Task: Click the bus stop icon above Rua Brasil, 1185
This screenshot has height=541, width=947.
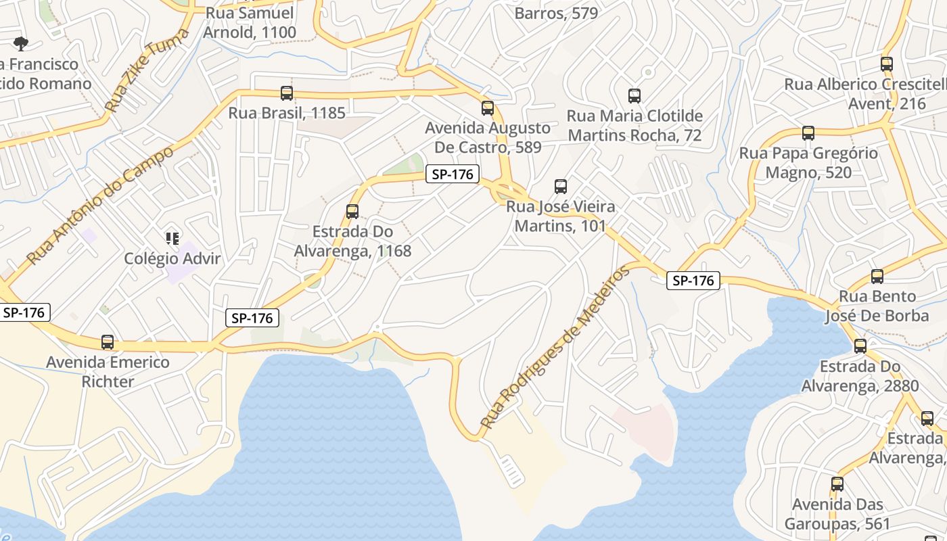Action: [287, 93]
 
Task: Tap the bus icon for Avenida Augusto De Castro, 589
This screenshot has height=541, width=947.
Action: [487, 108]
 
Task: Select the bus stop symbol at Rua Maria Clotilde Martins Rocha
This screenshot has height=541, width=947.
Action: [634, 96]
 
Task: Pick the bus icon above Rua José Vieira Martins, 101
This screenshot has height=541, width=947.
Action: [560, 187]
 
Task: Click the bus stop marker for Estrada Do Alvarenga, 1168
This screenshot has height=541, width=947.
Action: [352, 212]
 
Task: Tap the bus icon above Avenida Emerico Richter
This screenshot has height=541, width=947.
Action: [107, 342]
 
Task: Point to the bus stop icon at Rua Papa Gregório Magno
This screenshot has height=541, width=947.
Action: [808, 133]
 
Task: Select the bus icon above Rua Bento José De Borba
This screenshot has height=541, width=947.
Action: [877, 277]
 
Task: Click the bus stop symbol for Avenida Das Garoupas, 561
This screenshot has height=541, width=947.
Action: [837, 484]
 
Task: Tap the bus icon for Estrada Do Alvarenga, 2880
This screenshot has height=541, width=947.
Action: [860, 346]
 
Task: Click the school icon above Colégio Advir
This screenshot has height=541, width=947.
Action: [172, 238]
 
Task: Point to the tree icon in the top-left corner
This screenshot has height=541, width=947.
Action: [21, 44]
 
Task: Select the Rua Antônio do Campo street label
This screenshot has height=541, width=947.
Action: [100, 205]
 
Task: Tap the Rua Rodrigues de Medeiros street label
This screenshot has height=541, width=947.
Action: [554, 348]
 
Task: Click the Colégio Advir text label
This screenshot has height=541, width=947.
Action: [172, 258]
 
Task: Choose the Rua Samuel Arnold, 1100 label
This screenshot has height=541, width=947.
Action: [250, 22]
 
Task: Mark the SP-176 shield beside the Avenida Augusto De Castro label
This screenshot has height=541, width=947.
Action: [453, 174]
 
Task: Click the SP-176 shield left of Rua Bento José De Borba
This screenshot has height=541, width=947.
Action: [693, 280]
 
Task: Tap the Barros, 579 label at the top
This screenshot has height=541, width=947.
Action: [556, 13]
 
